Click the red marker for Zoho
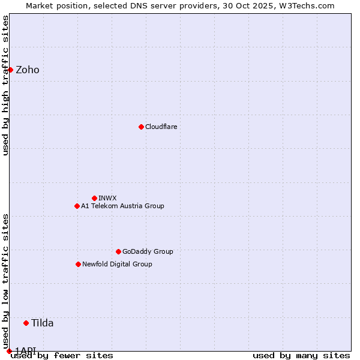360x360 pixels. (10, 70)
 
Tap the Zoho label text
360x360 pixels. (28, 70)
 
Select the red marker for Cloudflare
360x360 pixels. (141, 127)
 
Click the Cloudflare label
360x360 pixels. (161, 127)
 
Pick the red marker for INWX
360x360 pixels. (94, 198)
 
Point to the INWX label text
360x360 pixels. (107, 198)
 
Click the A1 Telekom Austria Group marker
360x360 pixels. (77, 206)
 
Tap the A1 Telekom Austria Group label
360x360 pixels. (122, 206)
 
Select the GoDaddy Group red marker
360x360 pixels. (118, 251)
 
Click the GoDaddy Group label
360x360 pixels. (148, 251)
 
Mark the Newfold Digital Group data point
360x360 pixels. (78, 264)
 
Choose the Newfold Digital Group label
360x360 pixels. (117, 264)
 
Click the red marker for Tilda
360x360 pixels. (26, 323)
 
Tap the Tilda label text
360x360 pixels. (43, 323)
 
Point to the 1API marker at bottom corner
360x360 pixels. (9, 351)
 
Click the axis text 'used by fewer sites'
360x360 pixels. (62, 355)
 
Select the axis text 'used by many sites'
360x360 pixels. (301, 355)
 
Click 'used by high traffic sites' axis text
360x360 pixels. (5, 85)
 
